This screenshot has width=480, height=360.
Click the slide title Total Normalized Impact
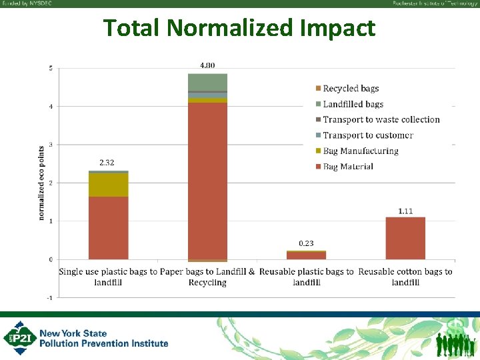[x=239, y=28]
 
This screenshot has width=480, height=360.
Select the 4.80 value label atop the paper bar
[x=207, y=65]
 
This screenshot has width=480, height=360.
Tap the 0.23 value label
[x=306, y=243]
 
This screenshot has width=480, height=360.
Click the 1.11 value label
[x=405, y=211]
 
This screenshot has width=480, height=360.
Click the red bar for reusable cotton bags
[x=405, y=238]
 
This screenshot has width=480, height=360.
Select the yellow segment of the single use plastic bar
[x=108, y=185]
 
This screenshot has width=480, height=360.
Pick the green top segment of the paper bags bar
[x=207, y=82]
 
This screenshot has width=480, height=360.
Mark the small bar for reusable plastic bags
[x=306, y=255]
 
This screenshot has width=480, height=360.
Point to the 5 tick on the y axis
[x=51, y=68]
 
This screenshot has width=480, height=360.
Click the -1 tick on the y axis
[x=50, y=297]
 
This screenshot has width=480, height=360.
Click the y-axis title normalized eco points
[x=41, y=183]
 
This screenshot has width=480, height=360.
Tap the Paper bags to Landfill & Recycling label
[x=207, y=277]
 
